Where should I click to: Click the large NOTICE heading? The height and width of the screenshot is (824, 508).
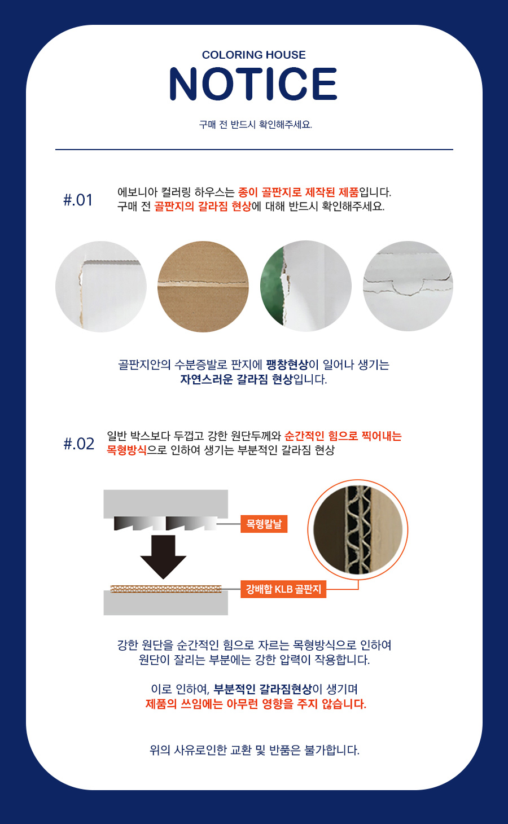pos(253,84)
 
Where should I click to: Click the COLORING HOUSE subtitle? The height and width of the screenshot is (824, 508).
pos(254,55)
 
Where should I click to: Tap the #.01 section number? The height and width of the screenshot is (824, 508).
pos(78,200)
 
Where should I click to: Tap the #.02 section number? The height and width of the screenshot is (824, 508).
pos(78,444)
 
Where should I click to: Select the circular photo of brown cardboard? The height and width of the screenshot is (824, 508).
pos(203,286)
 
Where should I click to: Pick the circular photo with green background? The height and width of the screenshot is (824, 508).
pos(306,286)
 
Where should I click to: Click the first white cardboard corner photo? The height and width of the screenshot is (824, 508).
pos(101,286)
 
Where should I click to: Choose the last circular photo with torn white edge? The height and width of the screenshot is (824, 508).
pos(408,286)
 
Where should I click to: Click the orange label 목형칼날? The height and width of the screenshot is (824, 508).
pos(264,524)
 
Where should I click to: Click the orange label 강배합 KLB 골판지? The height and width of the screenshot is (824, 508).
pos(283,589)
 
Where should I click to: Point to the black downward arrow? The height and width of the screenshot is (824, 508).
pos(163,556)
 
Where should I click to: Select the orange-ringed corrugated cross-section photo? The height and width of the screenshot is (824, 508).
pos(358,530)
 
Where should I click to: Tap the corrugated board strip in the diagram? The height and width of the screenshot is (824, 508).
pos(166,589)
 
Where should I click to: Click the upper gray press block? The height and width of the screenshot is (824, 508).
pos(165,504)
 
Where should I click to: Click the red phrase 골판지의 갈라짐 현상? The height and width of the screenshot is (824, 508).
pos(202,207)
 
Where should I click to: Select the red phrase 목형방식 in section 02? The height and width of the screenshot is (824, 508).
pos(126,449)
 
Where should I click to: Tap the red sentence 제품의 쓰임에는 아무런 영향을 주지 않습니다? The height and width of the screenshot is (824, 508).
pos(256,704)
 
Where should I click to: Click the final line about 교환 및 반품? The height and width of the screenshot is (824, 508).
pos(255,750)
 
